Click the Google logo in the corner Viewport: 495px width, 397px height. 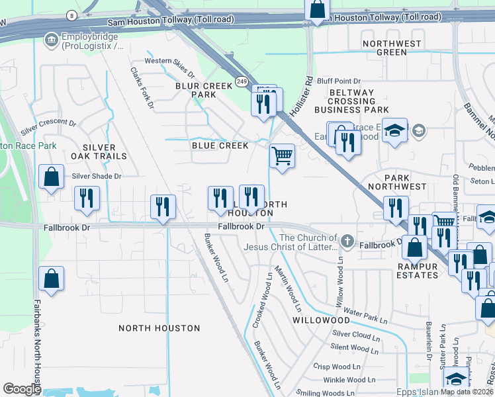(22, 389)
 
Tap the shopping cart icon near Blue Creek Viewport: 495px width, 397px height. (283, 156)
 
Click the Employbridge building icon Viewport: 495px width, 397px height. (50, 41)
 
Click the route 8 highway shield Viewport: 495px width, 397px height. (71, 14)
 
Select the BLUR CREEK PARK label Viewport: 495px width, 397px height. (204, 90)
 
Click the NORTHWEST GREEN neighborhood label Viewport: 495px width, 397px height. (392, 48)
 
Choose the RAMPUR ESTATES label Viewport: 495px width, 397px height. (418, 270)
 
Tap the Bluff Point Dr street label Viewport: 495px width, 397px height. (338, 80)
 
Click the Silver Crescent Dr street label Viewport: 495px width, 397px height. (48, 128)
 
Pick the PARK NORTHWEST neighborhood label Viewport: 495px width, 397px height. (405, 183)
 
